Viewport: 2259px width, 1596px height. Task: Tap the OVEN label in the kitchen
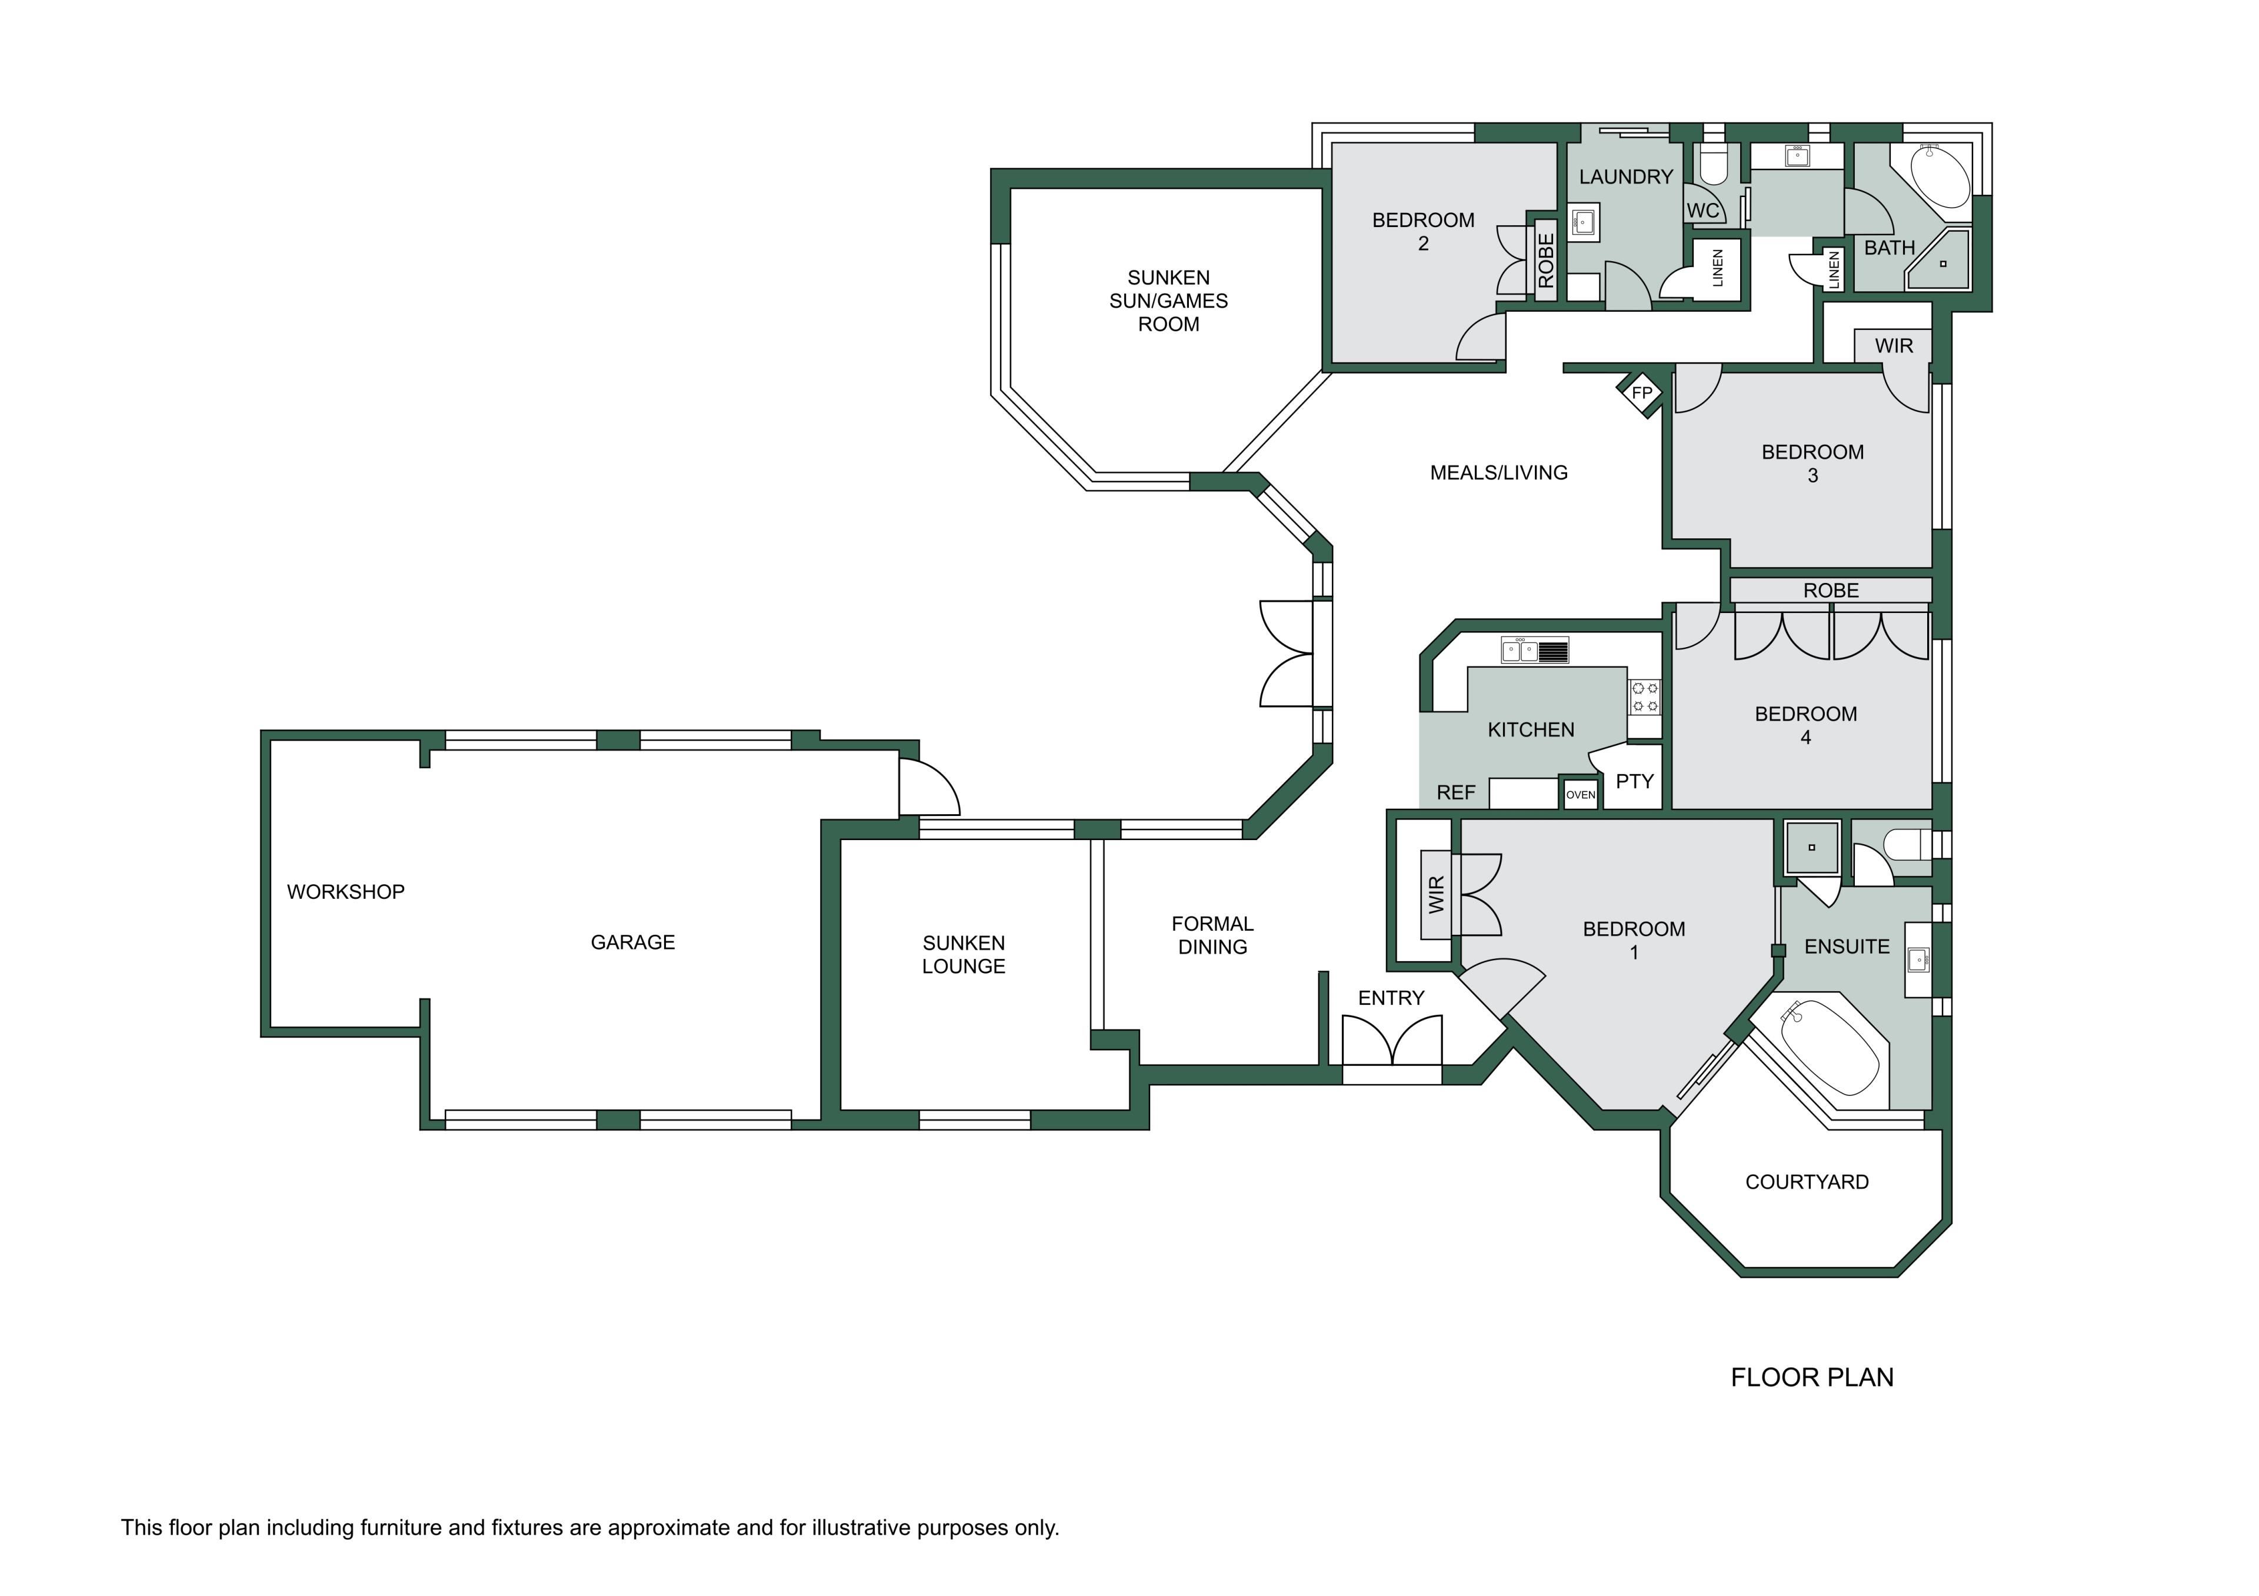1580,795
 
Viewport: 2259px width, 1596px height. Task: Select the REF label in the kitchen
1456,792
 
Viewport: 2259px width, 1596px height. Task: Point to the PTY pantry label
1634,781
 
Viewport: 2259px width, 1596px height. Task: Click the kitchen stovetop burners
1645,697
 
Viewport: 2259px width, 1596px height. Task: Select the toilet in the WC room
1714,164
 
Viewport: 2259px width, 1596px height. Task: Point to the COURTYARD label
1807,1182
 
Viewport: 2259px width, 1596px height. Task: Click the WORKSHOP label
345,891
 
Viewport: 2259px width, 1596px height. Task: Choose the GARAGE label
632,942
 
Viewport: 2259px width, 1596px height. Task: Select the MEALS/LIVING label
1498,472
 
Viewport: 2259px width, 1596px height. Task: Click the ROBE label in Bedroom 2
1545,261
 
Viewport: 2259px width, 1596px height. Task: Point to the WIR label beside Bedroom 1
1437,894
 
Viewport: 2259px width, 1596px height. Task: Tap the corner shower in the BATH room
1939,260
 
